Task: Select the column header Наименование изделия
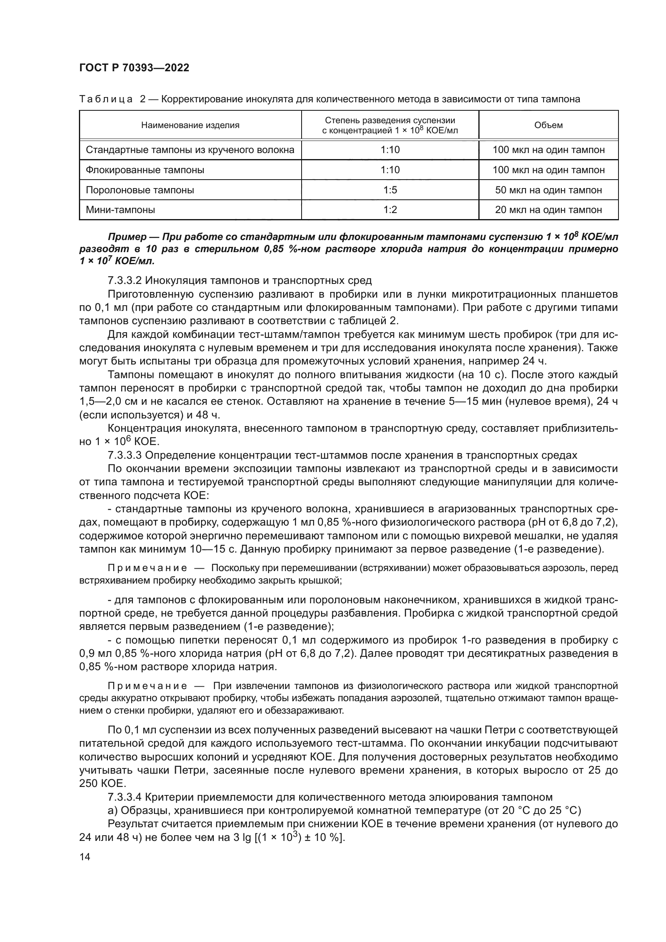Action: point(190,125)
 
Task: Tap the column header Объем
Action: point(548,125)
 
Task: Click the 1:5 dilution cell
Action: point(390,190)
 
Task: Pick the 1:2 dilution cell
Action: point(390,210)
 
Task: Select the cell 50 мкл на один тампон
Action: point(548,190)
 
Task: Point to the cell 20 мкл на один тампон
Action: point(548,210)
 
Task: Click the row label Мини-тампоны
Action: point(120,210)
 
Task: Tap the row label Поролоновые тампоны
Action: point(140,190)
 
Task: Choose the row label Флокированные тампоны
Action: point(145,170)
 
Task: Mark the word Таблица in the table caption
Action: point(106,99)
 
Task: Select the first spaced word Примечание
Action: point(147,568)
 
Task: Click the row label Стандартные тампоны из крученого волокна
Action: point(190,150)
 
